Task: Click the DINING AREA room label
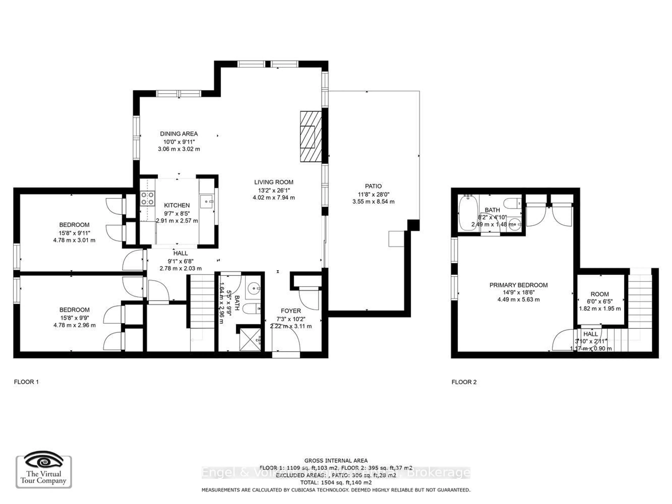pos(179,134)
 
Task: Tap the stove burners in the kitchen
pos(147,198)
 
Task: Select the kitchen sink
pos(206,202)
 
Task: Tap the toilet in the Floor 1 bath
pos(252,308)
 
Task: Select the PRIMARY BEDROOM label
pos(518,285)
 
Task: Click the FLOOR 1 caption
pos(26,382)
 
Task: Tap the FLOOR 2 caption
pos(464,382)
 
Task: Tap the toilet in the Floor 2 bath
pos(512,203)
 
